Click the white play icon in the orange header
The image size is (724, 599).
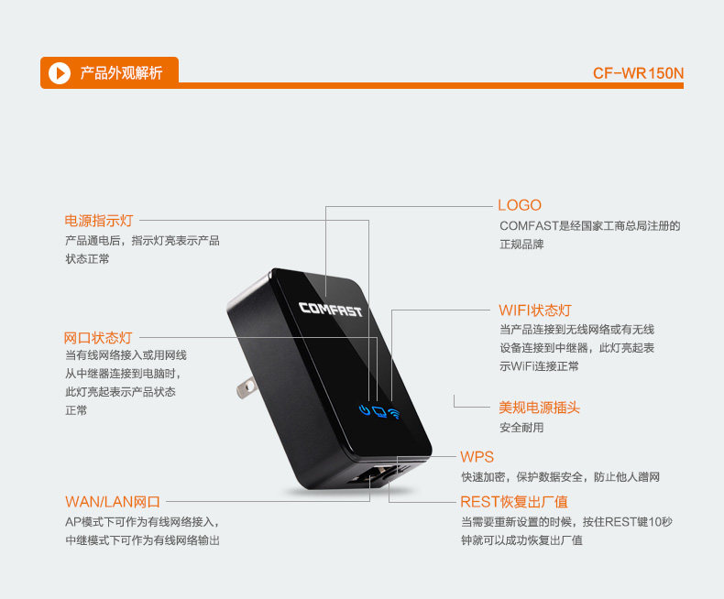60,72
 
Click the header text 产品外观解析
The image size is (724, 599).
122,72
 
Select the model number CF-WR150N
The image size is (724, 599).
638,73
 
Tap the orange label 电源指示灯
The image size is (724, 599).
99,220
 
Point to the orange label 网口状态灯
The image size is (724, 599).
98,338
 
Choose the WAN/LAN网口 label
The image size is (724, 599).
113,501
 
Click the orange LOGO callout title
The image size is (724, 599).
520,205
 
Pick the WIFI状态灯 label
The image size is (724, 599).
535,310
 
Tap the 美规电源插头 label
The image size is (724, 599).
539,408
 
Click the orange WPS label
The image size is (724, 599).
477,457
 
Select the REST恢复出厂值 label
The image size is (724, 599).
513,501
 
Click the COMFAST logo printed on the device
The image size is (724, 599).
331,310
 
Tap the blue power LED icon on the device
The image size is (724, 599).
365,409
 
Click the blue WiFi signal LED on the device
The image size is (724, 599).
394,413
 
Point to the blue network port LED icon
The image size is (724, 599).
378,411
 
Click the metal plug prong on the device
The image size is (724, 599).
245,390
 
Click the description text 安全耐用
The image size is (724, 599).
521,428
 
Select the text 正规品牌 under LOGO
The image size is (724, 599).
521,245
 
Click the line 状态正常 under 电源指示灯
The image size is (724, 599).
87,259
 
